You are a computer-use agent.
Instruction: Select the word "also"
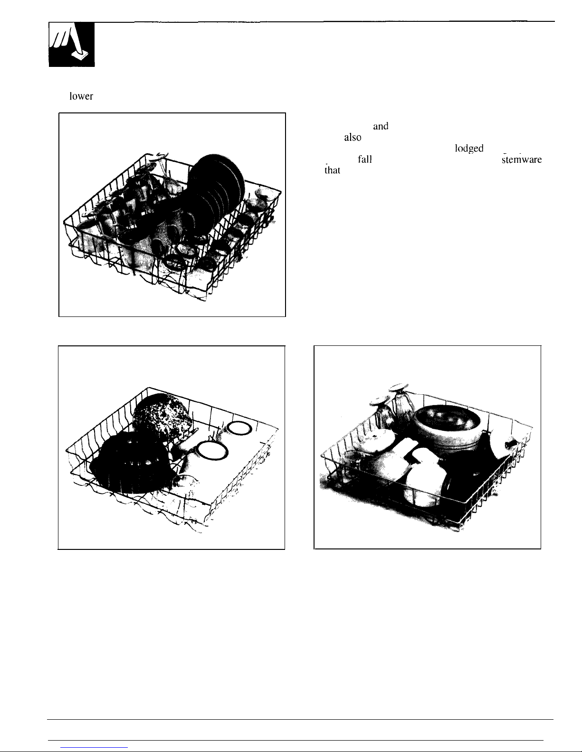pos(353,138)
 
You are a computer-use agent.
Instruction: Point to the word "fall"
pos(363,159)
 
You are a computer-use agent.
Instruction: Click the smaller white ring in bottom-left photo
pos(237,428)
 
